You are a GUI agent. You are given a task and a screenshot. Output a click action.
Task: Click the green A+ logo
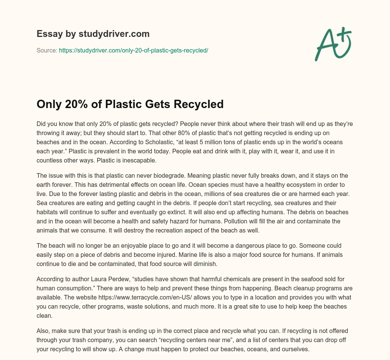[x=333, y=44]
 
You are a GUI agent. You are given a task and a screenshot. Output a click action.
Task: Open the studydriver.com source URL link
[x=133, y=50]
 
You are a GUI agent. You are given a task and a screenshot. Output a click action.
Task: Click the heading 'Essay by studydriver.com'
[x=93, y=34]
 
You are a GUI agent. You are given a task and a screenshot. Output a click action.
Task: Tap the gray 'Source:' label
[x=47, y=50]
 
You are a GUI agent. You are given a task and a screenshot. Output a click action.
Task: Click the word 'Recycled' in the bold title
[x=200, y=104]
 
